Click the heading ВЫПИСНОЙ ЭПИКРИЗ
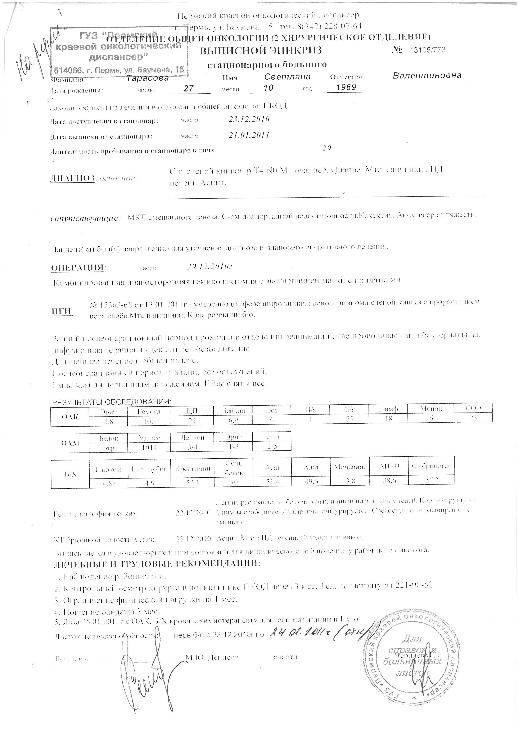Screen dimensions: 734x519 tap(261, 50)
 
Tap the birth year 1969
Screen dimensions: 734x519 tap(346, 87)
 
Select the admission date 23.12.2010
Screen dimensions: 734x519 tap(249, 119)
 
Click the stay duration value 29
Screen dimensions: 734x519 tap(326, 148)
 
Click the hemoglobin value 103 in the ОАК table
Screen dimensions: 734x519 tap(149, 421)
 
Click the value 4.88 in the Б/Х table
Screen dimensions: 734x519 tap(109, 483)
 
